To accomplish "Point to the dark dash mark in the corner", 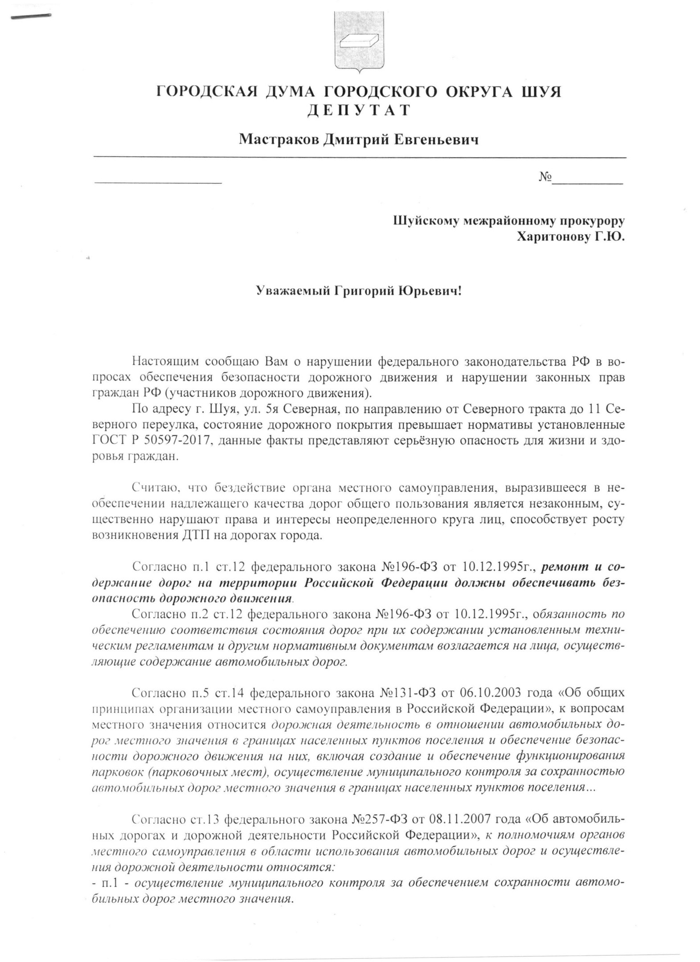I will [31, 16].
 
